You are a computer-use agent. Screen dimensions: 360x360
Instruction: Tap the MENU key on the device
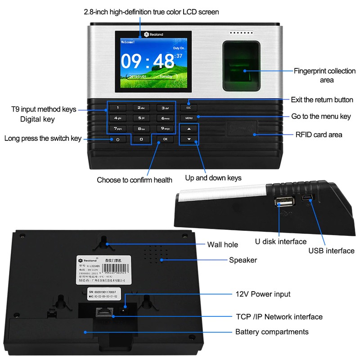coord(189,118)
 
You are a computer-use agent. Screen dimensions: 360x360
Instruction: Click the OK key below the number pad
coord(165,139)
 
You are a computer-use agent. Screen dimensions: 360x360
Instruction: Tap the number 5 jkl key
coord(141,118)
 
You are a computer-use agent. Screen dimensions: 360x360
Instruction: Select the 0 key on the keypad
coord(141,139)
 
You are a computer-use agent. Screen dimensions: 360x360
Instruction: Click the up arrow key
coord(189,129)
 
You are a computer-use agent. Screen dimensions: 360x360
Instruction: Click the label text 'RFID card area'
coord(319,135)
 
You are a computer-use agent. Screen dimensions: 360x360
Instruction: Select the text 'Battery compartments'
coord(272,332)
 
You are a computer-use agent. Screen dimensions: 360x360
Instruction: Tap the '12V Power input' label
coord(263,294)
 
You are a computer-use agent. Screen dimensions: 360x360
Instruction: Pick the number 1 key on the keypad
coord(118,108)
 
